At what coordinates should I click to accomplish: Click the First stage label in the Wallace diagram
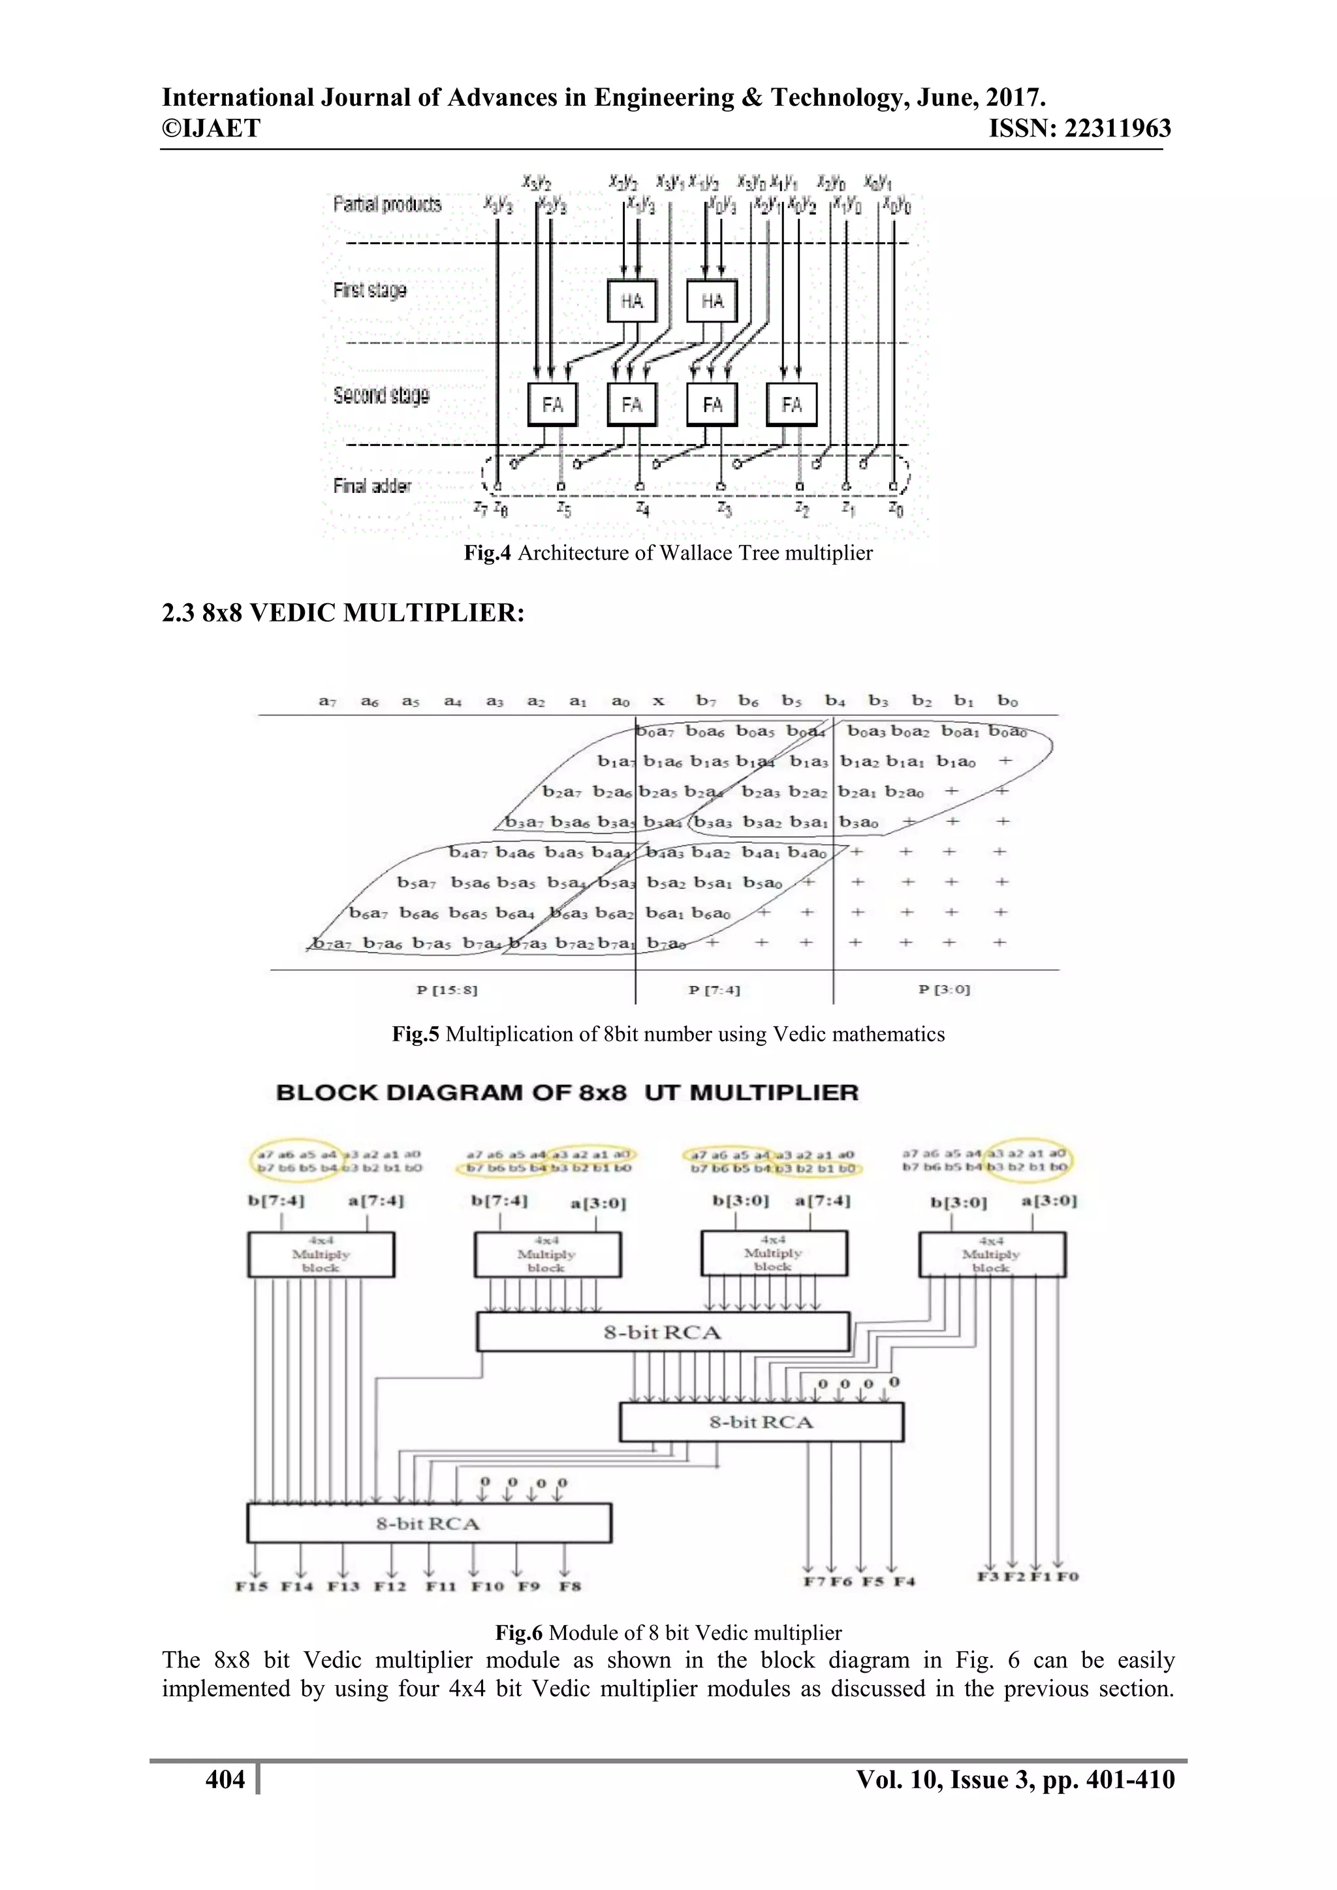point(370,290)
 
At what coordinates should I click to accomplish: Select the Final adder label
point(372,486)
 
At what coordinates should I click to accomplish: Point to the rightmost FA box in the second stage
point(791,404)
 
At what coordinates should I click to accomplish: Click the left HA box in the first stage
point(631,301)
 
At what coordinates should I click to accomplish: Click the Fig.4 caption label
point(488,552)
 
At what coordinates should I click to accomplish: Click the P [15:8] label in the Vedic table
point(447,990)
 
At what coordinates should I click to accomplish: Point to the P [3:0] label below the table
point(943,990)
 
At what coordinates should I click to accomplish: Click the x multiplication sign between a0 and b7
point(659,701)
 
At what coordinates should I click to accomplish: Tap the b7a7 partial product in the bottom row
point(332,943)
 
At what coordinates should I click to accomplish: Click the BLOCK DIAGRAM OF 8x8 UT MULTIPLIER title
point(567,1092)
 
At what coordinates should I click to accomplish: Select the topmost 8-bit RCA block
point(663,1332)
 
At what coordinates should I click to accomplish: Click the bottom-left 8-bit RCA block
point(428,1523)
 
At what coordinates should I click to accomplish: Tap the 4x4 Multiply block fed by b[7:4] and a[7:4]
point(321,1255)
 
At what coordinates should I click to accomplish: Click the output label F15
point(251,1585)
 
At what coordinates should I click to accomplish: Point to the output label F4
point(904,1581)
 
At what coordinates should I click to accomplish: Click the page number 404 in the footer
point(225,1780)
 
